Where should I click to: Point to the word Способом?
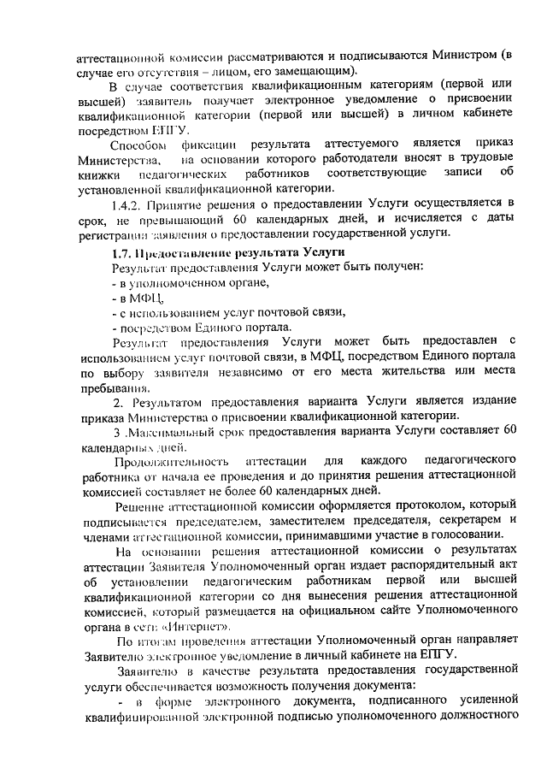click(138, 143)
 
